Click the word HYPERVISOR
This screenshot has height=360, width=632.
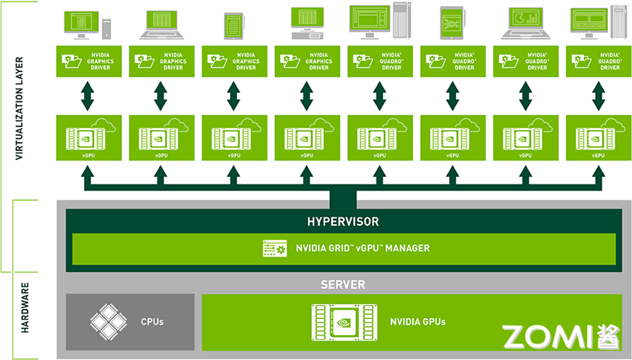coord(343,222)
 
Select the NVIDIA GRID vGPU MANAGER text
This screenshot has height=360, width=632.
coord(363,248)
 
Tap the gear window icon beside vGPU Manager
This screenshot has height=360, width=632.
coord(274,248)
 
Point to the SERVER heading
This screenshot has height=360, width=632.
coord(343,285)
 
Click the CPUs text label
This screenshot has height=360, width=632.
coord(152,322)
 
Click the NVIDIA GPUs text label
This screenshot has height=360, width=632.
coord(418,322)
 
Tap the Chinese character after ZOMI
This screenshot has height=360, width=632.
coord(609,337)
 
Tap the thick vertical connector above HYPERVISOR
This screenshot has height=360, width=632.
coord(343,198)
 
